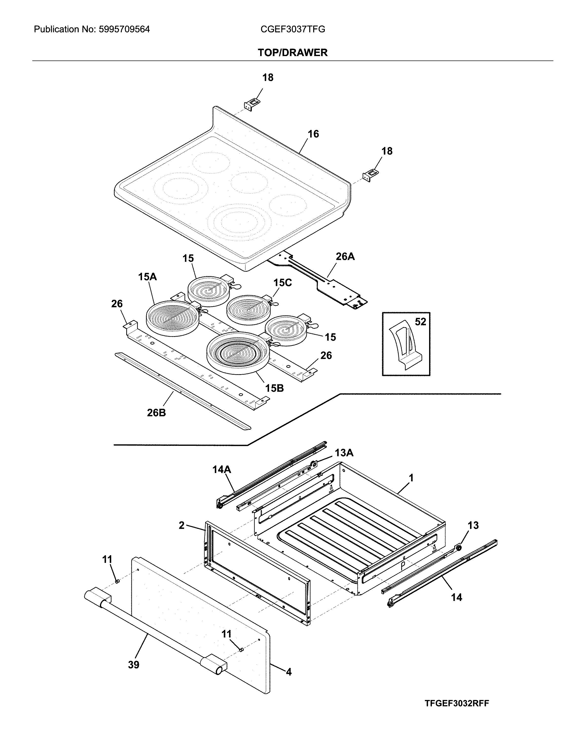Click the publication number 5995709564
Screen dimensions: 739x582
(x=124, y=30)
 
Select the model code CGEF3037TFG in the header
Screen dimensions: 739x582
(x=292, y=30)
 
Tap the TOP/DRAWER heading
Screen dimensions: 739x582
(x=292, y=53)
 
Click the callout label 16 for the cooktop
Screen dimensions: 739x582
(x=313, y=134)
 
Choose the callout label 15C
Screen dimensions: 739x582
(x=282, y=283)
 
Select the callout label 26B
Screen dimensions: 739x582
(x=156, y=413)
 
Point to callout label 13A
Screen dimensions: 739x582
(x=344, y=453)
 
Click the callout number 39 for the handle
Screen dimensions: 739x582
(x=134, y=665)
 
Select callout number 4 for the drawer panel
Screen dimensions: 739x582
(x=289, y=672)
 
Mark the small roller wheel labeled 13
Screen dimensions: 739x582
(x=459, y=548)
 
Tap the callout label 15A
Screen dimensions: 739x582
(x=147, y=277)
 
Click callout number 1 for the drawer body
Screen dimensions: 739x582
(x=411, y=478)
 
